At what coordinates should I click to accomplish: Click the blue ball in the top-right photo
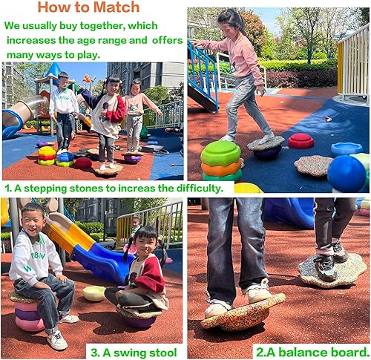pyautogui.click(x=347, y=173)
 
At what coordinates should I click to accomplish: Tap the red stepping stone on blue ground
pyautogui.click(x=301, y=140)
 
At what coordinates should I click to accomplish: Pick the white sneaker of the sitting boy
pyautogui.click(x=57, y=339)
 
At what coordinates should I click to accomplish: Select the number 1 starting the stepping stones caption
pyautogui.click(x=7, y=187)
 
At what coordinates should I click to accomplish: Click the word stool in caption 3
pyautogui.click(x=163, y=351)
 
